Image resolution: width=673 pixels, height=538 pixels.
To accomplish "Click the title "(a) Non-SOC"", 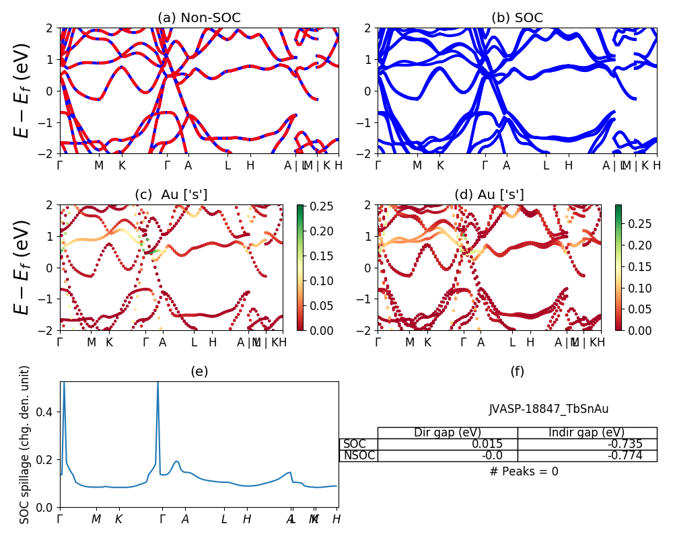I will (199, 18).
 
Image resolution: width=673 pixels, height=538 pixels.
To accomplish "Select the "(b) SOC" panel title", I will (517, 18).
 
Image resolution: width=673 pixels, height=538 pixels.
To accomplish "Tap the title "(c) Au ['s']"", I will (171, 195).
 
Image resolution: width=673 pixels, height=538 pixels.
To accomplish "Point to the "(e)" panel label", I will (199, 371).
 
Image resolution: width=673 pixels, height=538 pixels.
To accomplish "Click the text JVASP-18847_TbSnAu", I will (548, 409).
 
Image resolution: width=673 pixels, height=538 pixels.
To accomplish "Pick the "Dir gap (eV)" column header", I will (447, 432).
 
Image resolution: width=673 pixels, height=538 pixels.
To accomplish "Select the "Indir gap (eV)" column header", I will (586, 432).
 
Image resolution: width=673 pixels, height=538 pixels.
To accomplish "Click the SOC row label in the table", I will (355, 444).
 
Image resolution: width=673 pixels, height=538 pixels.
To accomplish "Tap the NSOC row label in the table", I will (359, 455).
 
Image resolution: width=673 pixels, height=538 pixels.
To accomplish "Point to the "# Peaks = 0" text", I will (524, 471).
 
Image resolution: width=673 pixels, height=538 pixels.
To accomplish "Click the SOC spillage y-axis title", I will (25, 445).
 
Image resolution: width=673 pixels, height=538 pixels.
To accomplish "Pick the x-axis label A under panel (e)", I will (185, 519).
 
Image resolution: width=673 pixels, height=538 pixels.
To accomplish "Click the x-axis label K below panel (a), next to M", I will (122, 165).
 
